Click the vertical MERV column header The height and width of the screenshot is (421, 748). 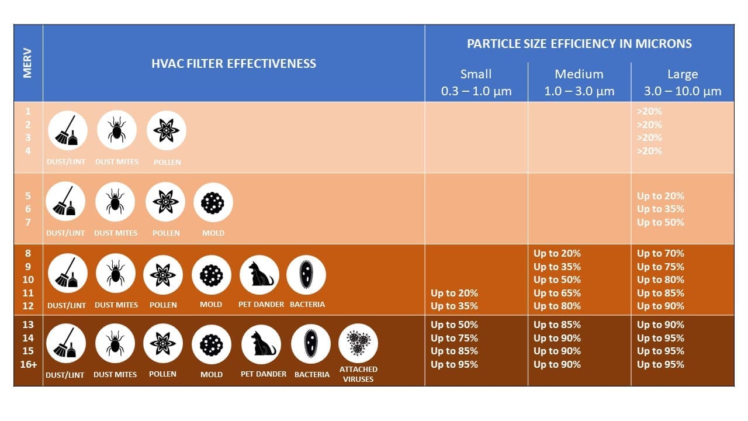tap(27, 63)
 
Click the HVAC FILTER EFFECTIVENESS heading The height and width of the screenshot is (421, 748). tap(234, 64)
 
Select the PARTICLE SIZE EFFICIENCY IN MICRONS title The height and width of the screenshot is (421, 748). tap(579, 44)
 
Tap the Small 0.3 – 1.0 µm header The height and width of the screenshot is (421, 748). tap(476, 82)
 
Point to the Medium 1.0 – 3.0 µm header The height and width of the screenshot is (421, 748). tap(579, 82)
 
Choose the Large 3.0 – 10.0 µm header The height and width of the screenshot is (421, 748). tap(683, 82)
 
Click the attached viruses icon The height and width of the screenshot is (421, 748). tap(358, 343)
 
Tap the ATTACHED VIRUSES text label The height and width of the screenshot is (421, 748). tap(358, 374)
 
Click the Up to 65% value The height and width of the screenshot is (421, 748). tap(557, 293)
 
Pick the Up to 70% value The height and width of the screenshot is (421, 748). tap(660, 253)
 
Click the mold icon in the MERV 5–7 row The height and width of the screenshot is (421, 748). tap(213, 202)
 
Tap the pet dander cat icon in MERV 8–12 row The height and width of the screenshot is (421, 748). tap(259, 275)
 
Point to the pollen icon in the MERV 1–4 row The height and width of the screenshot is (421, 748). tap(167, 130)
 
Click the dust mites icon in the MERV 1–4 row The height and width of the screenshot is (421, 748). tap(117, 130)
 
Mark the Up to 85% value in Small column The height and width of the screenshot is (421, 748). tap(454, 351)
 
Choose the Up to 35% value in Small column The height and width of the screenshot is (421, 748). tap(454, 306)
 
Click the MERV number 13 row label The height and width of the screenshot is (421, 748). tap(27, 325)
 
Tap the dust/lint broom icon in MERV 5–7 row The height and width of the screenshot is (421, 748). tap(65, 202)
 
